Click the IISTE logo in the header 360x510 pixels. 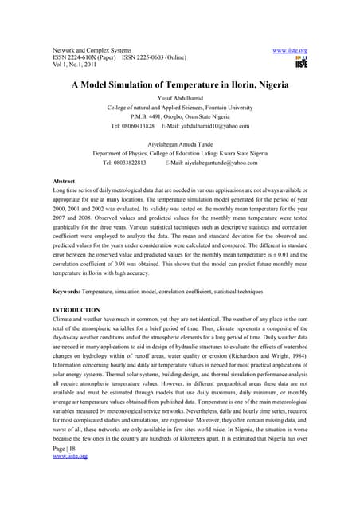click(x=301, y=62)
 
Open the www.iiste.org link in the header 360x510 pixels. click(x=290, y=50)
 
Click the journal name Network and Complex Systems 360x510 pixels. click(x=96, y=50)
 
